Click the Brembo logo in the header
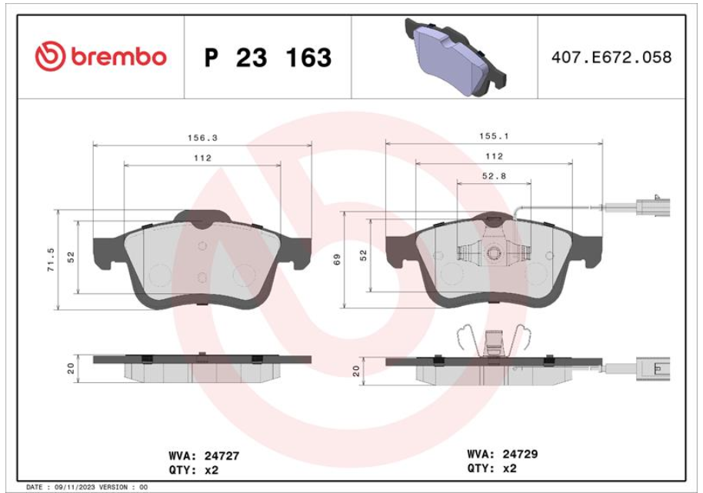[x=101, y=56]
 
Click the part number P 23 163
[x=268, y=58]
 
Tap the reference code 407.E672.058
[x=611, y=57]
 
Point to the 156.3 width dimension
[x=202, y=138]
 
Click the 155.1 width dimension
[x=494, y=136]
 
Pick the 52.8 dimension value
[x=494, y=177]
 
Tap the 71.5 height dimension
[x=51, y=259]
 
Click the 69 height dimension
[x=337, y=259]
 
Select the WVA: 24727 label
[x=204, y=456]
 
